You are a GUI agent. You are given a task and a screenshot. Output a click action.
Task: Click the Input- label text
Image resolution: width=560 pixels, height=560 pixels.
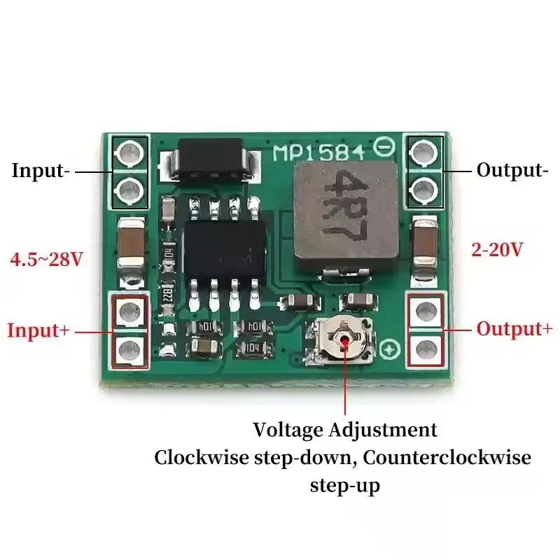pos(41,170)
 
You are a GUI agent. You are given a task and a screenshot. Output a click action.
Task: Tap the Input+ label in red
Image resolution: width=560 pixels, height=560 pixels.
pos(38,330)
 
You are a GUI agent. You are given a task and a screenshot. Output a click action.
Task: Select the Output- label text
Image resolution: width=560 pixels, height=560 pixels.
pos(512,170)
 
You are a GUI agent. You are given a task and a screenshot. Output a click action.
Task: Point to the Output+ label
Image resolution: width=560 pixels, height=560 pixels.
pos(514,329)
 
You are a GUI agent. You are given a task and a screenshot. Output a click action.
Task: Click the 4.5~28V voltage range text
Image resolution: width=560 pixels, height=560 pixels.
pos(46,259)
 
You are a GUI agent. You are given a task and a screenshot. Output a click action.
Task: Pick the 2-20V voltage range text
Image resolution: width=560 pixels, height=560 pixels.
pos(497,249)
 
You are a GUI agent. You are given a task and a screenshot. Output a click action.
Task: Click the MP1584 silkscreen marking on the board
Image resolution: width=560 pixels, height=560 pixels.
pos(319,153)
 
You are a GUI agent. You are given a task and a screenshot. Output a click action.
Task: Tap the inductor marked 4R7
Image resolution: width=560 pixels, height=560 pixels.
pos(346,216)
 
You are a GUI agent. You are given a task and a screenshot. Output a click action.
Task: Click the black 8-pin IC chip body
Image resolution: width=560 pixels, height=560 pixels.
pos(225,251)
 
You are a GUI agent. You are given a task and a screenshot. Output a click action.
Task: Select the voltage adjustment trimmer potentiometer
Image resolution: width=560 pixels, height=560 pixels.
pos(341,342)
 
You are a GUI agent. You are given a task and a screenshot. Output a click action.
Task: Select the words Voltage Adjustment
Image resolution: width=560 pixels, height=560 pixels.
pos(345,430)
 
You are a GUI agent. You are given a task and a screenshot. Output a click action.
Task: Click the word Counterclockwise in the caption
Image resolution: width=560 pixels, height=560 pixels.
pos(447,458)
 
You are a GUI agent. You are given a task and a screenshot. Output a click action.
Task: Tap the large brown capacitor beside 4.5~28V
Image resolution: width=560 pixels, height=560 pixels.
pos(131,243)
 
